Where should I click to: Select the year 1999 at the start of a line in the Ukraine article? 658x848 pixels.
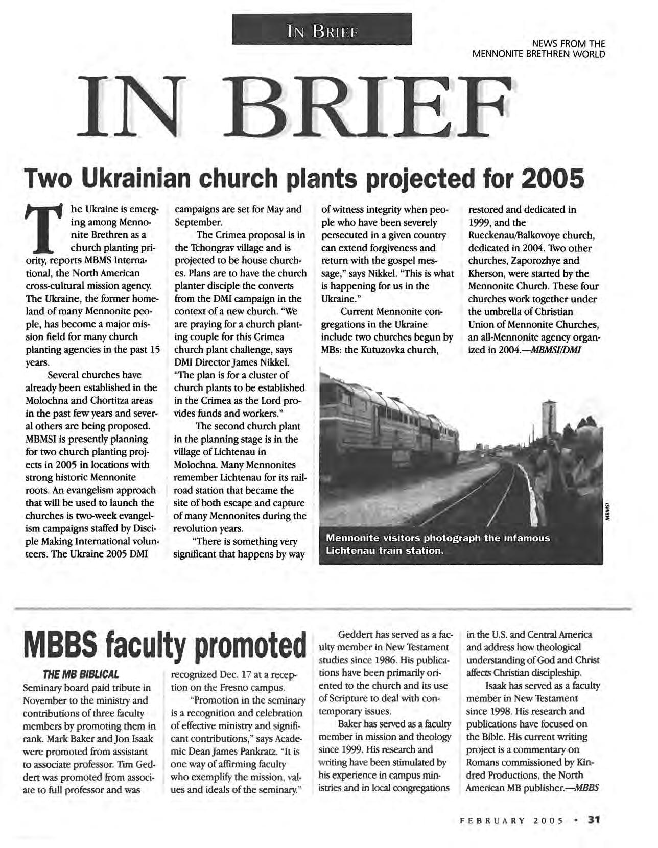[479, 223]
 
